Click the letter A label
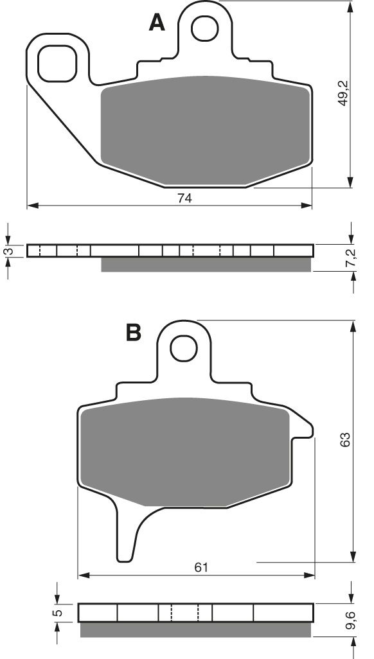coord(157,23)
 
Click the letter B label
coord(133,333)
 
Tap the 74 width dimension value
coord(185,198)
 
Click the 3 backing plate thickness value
coord(8,250)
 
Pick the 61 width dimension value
coord(200,567)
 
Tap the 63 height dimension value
coord(344,440)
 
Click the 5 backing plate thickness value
coord(58,613)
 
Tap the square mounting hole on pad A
coord(57,63)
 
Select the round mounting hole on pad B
coord(184,349)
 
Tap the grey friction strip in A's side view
coord(206,265)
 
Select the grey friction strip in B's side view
coord(196,630)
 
